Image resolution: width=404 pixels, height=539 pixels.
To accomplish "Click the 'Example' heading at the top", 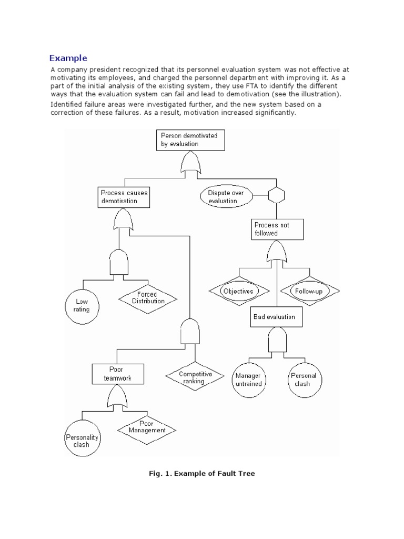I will [68, 58].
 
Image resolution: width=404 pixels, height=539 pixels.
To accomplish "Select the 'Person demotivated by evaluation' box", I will [190, 139].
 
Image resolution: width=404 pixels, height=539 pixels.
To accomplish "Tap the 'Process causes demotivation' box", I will [124, 197].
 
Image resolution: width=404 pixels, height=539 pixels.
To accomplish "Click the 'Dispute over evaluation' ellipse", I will [227, 197].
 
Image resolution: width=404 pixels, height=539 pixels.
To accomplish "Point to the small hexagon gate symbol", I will [276, 196].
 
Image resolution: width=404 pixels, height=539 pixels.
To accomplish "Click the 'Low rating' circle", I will [82, 305].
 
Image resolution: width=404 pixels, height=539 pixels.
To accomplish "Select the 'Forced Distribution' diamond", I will [148, 298].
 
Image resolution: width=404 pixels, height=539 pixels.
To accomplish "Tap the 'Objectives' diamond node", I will [238, 291].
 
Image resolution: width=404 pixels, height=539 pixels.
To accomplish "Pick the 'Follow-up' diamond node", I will [308, 291].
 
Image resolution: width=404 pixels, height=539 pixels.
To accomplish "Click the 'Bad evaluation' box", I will [275, 317].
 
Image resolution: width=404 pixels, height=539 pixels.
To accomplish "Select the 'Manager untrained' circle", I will [248, 380].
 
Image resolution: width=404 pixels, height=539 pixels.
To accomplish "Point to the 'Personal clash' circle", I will [304, 380].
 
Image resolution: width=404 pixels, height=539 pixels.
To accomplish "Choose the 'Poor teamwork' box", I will [116, 374].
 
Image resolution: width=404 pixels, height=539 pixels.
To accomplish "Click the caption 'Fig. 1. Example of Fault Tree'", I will [201, 474].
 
